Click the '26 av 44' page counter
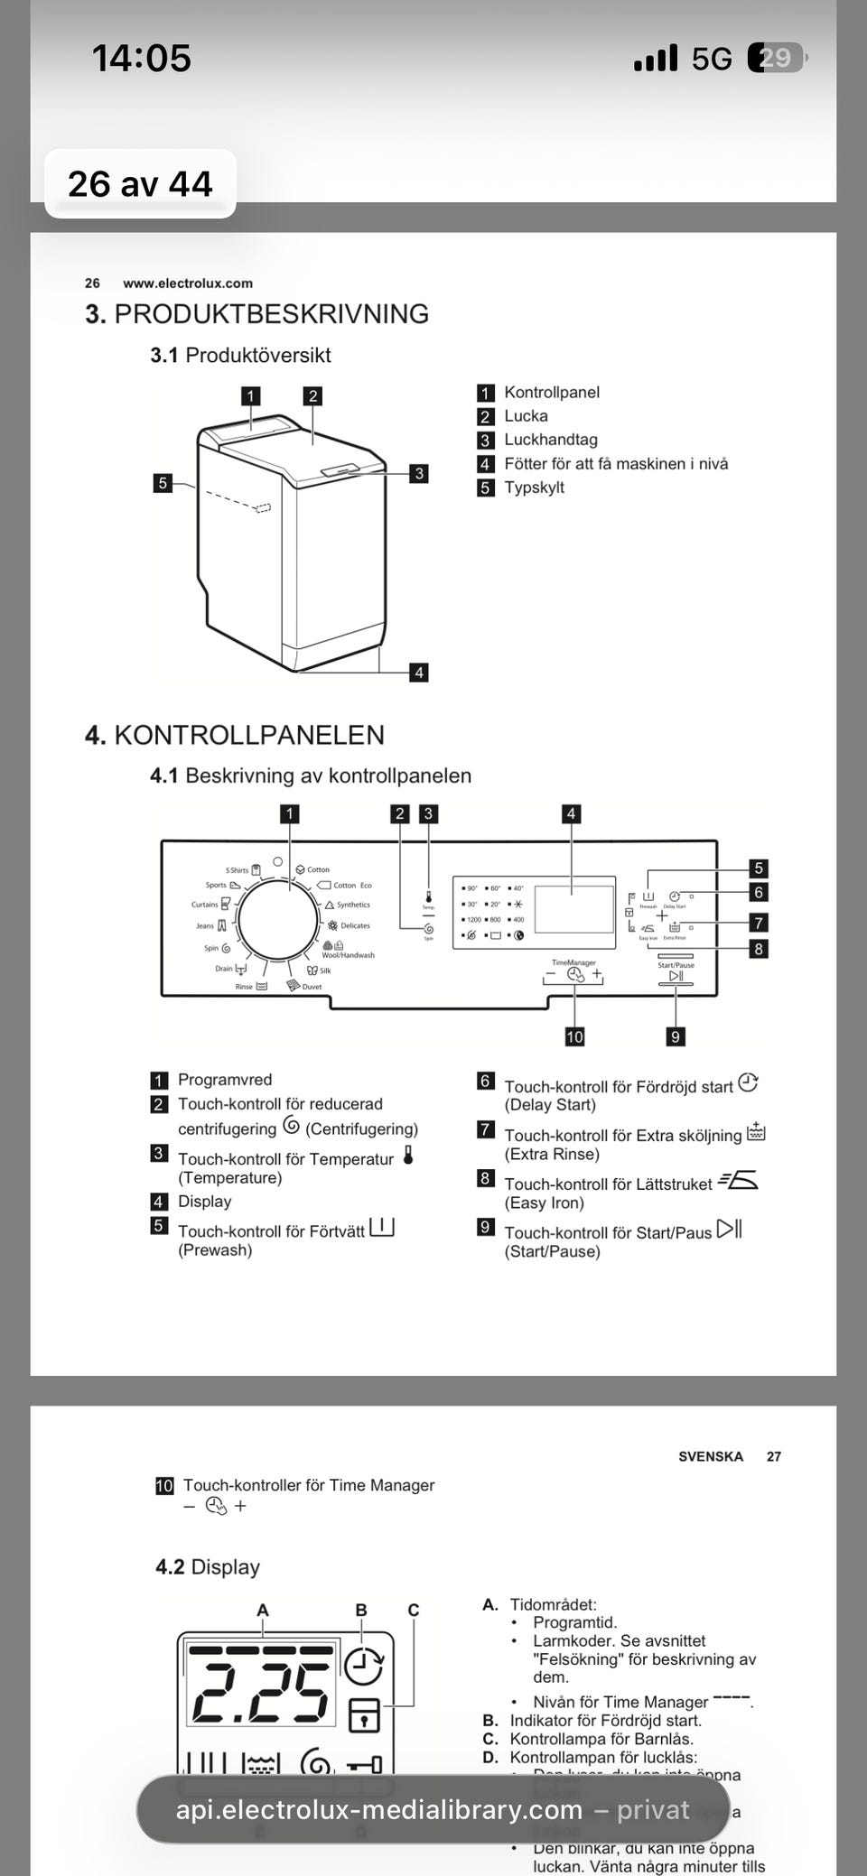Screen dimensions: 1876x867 pos(140,184)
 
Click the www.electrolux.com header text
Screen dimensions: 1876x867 pos(188,283)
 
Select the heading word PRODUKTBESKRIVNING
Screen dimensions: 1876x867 pos(271,314)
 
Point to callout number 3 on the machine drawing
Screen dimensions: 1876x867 pos(418,473)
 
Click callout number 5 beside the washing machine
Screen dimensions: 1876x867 pos(163,483)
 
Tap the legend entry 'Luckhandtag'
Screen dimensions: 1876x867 pos(550,440)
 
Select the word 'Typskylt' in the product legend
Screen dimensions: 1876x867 pos(534,488)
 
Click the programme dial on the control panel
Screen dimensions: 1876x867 pos(277,921)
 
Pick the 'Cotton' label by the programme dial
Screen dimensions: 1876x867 pos(318,870)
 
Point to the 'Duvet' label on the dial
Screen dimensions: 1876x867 pos(312,987)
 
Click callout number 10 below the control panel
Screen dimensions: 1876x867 pos(574,1036)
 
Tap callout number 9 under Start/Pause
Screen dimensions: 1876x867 pos(675,1036)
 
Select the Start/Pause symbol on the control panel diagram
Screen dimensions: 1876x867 pos(676,976)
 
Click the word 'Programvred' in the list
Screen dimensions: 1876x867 pos(224,1080)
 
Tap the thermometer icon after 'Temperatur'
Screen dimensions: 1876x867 pos(408,1156)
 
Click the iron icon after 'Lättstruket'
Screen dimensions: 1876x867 pos(739,1181)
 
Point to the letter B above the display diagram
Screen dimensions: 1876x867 pos(361,1610)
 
